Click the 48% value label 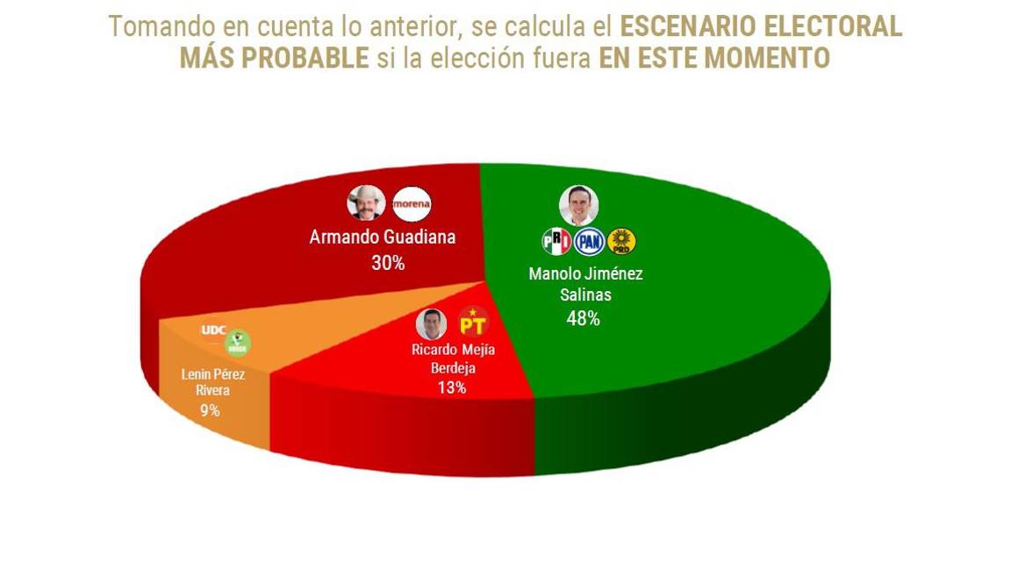coord(583,319)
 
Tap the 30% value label coord(388,262)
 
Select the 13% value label coord(451,387)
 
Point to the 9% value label coord(209,409)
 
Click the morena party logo coord(412,203)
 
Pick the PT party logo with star coord(473,323)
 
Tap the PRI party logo coord(556,241)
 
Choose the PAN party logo coord(589,241)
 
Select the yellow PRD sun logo coord(621,241)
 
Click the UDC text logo coord(214,330)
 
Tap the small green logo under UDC coord(237,343)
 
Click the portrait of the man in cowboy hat coord(366,203)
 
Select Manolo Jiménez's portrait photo coord(578,205)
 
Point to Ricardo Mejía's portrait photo coord(431,323)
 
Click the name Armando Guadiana coord(383,238)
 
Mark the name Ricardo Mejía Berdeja coord(453,358)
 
